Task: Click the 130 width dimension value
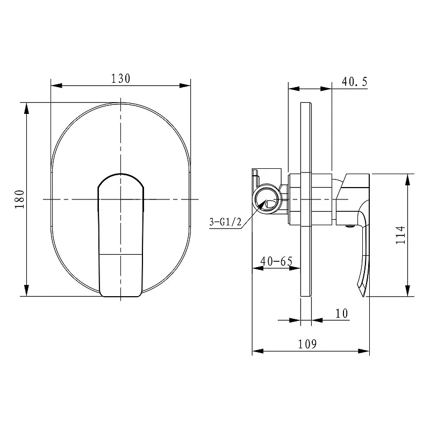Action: (120, 78)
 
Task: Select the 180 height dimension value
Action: (20, 199)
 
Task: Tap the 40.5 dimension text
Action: (354, 82)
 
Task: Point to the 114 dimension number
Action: (400, 235)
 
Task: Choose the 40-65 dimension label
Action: (276, 261)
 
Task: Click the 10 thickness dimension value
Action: (342, 313)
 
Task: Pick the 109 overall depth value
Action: (307, 344)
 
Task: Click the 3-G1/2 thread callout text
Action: (225, 221)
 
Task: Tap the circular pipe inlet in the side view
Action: (266, 199)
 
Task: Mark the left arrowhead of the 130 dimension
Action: (56, 85)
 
